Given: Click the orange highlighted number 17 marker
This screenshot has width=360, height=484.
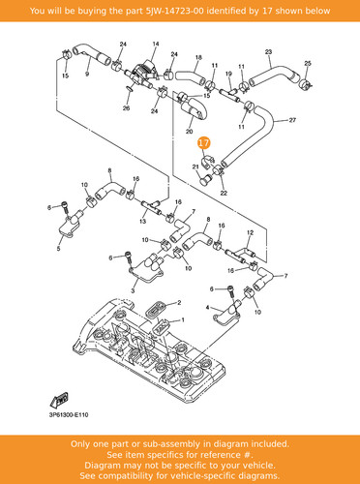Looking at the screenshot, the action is coord(204,143).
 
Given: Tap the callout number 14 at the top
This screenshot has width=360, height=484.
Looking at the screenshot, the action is coord(156,44).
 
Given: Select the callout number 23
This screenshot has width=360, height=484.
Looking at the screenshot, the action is coord(268,51).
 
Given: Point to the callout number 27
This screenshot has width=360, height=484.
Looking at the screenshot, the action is coord(292,120).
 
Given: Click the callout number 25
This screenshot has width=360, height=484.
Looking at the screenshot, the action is coord(308,63).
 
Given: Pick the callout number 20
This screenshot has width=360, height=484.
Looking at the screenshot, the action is coord(189,132).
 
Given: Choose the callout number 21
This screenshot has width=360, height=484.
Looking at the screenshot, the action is coord(195,166).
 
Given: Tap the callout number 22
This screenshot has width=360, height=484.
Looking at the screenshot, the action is coord(224,193).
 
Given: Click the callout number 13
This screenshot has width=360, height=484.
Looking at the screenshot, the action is coord(142,221).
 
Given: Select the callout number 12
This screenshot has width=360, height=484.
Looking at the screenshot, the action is coord(250,232).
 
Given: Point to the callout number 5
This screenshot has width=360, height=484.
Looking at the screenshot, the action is coord(58,249).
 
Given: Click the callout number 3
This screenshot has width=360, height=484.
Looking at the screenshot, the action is coord(133,290).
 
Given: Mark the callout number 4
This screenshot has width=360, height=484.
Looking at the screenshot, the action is coord(207,308).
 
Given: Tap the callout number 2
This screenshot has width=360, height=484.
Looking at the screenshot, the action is coord(179,303).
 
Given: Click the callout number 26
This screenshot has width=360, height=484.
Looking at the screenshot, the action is coord(126,107).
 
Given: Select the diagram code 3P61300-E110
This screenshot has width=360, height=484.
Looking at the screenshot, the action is coord(69,414).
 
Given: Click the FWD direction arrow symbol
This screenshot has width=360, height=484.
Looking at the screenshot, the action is coord(59,400).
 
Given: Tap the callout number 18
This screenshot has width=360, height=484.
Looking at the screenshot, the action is coord(198,57).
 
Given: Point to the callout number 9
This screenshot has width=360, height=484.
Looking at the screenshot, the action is coord(87,74).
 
